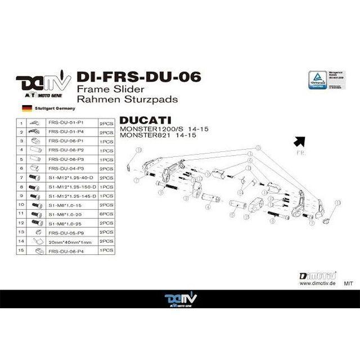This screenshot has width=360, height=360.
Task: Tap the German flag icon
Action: [x=26, y=107]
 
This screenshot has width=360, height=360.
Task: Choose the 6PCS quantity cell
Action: [x=106, y=214]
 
